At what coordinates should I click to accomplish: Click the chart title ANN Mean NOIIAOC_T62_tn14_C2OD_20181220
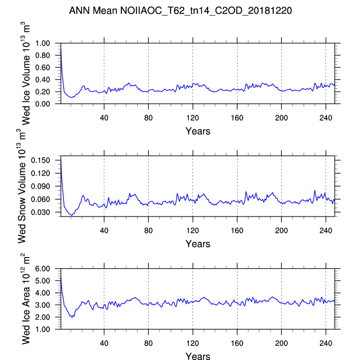181,11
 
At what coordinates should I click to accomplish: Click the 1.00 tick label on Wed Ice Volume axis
43,43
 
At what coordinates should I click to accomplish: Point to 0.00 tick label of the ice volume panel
43,104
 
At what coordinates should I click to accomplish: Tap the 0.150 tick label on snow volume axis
41,160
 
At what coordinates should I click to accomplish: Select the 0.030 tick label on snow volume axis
41,212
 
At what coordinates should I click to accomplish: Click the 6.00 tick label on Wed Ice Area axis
43,269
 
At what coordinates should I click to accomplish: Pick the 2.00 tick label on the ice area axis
43,317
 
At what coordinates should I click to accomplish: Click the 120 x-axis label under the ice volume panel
193,118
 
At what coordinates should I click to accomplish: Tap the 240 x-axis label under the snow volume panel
326,231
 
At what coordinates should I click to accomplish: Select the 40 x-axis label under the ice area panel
104,343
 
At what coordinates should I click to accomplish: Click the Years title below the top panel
198,131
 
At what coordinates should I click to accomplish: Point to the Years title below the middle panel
198,244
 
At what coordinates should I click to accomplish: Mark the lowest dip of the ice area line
72,317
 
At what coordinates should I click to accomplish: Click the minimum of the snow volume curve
72,215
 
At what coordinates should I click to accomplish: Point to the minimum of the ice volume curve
72,98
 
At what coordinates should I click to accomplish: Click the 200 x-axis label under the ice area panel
281,343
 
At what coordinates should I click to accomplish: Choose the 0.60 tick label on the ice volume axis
43,67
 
